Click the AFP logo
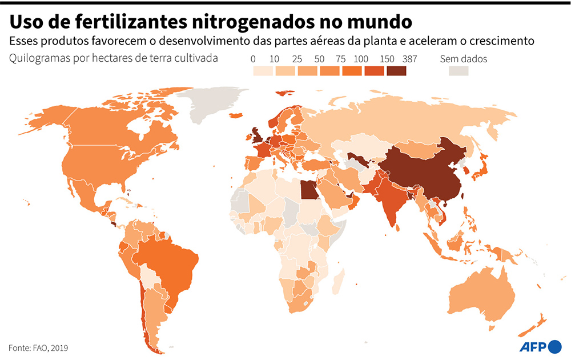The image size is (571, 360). pyautogui.click(x=540, y=346)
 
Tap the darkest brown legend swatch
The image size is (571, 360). pyautogui.click(x=396, y=71)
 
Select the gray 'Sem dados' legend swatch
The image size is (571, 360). pyautogui.click(x=458, y=71)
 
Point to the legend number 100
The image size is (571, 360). pyautogui.click(x=361, y=59)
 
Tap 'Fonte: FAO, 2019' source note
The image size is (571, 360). pyautogui.click(x=38, y=347)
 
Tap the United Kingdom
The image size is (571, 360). pyautogui.click(x=255, y=135)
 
